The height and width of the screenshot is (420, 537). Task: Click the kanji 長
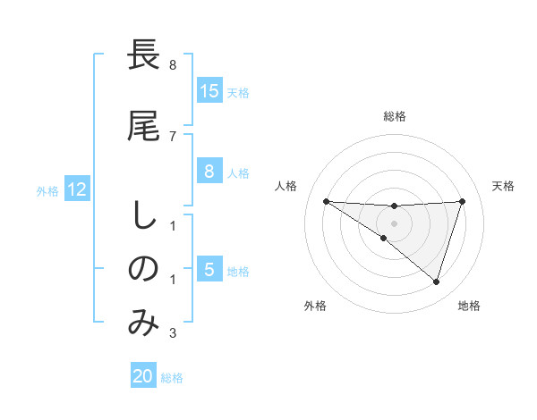144,55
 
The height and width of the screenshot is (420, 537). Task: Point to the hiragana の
144,268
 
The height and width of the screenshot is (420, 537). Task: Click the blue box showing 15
209,91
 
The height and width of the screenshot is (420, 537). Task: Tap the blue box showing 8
209,172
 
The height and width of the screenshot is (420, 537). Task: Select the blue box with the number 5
209,271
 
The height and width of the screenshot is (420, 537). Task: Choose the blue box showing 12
77,190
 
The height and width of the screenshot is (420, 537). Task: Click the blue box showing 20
143,376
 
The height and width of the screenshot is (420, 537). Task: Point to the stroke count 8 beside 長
173,65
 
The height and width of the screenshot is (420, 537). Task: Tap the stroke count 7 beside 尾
173,136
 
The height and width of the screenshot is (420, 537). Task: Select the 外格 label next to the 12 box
47,191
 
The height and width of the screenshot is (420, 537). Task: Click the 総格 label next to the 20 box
172,377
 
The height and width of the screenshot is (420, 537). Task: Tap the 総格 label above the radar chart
394,116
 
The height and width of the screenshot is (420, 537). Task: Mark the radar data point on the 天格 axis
462,201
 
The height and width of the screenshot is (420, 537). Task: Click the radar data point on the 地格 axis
436,281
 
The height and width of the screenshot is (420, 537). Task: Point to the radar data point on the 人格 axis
326,201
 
